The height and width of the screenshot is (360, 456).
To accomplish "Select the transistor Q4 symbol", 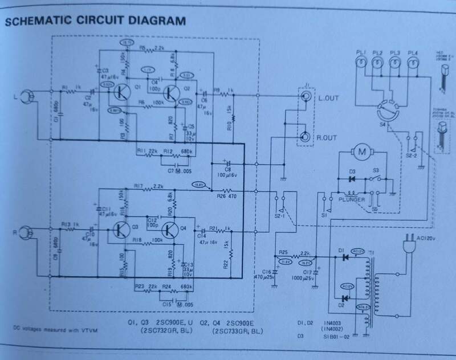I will [170, 231].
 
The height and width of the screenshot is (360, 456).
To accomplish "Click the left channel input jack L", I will [25, 97].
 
